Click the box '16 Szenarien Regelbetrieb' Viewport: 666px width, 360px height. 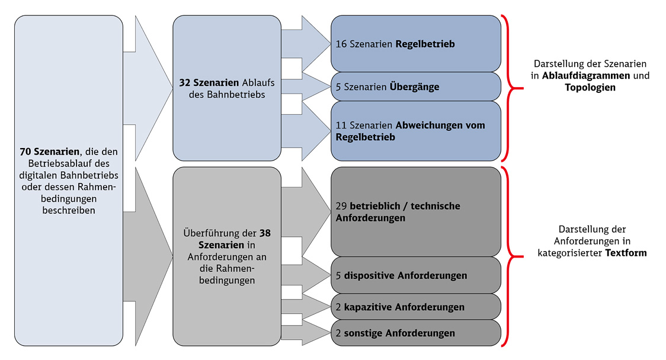[x=416, y=44]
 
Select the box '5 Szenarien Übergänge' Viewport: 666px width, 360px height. [x=416, y=86]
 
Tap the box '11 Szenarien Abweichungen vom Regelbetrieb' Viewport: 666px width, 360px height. [x=416, y=131]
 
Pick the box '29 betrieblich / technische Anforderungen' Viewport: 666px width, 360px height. [x=416, y=211]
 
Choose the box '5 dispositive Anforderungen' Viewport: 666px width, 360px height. [x=416, y=275]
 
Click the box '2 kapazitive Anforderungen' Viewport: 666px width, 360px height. [x=416, y=307]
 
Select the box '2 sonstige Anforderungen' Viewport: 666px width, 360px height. [x=416, y=333]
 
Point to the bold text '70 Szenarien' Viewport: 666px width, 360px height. [x=50, y=152]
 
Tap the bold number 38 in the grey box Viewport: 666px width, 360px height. [x=265, y=233]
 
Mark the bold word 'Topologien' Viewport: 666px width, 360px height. [x=590, y=88]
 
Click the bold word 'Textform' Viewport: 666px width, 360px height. [x=626, y=253]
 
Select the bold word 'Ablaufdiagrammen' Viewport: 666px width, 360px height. [x=586, y=76]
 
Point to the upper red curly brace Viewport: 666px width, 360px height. [x=507, y=88]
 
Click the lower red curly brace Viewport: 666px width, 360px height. [x=507, y=256]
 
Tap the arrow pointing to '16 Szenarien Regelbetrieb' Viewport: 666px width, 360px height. [x=306, y=44]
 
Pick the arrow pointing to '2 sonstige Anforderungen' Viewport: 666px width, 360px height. [x=306, y=333]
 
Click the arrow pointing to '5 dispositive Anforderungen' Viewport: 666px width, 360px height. [x=306, y=275]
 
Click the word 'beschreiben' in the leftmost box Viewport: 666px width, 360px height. [x=69, y=210]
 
